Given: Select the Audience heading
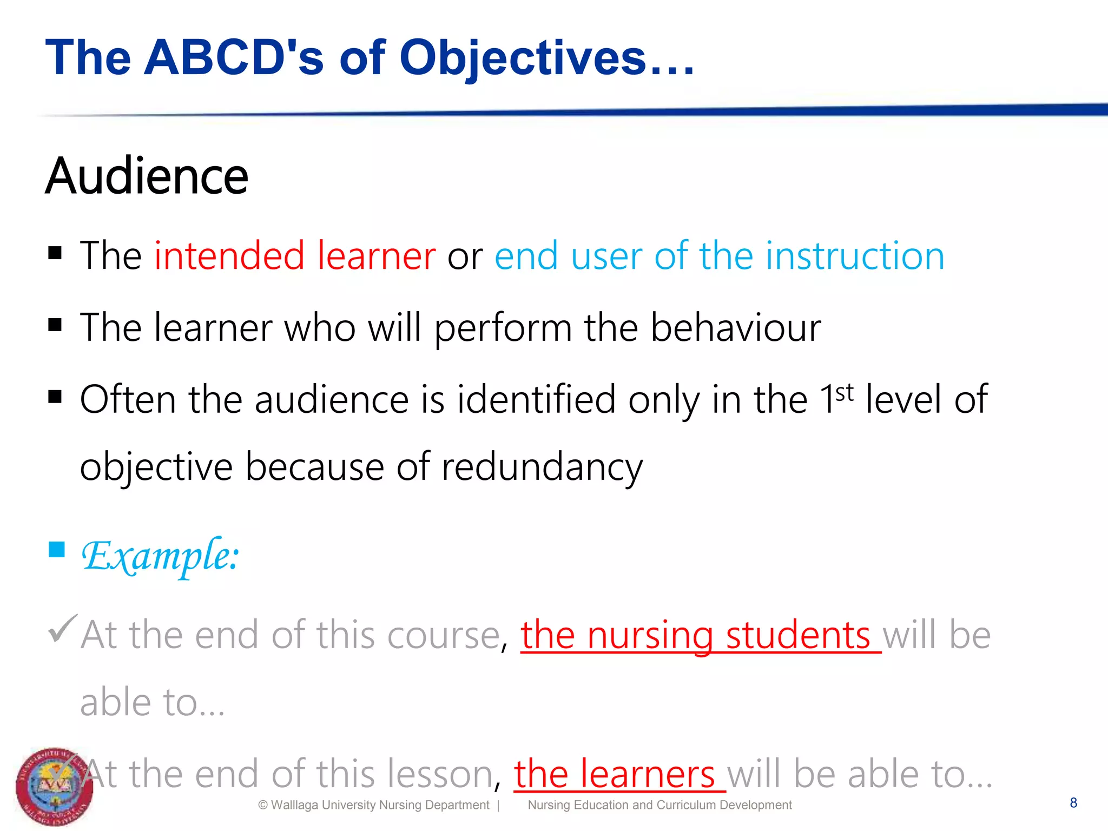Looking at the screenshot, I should pyautogui.click(x=147, y=176).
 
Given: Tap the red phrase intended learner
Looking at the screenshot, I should pyautogui.click(x=295, y=255).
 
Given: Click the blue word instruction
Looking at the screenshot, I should pyautogui.click(x=855, y=255).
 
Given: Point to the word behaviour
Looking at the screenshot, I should pyautogui.click(x=735, y=327).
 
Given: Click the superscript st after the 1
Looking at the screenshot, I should pyautogui.click(x=845, y=392).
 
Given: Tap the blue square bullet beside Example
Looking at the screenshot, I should pyautogui.click(x=56, y=550).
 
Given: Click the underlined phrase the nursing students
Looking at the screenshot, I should pyautogui.click(x=700, y=635).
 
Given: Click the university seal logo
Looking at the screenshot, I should pyautogui.click(x=54, y=787).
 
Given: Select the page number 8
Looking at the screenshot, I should pyautogui.click(x=1073, y=803).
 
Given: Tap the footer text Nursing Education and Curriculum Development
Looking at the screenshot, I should pyautogui.click(x=659, y=805).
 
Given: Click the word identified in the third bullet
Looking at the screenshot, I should pyautogui.click(x=536, y=399).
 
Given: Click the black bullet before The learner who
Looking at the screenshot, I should pyautogui.click(x=55, y=325).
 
